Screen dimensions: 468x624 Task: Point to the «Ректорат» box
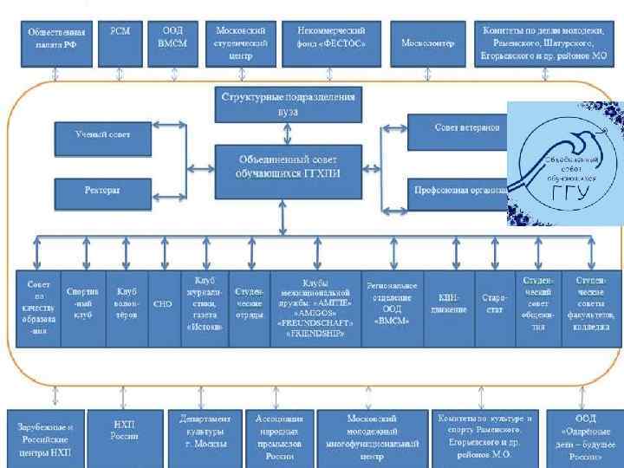pyautogui.click(x=103, y=191)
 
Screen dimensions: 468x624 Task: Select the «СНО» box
pyautogui.click(x=162, y=303)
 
